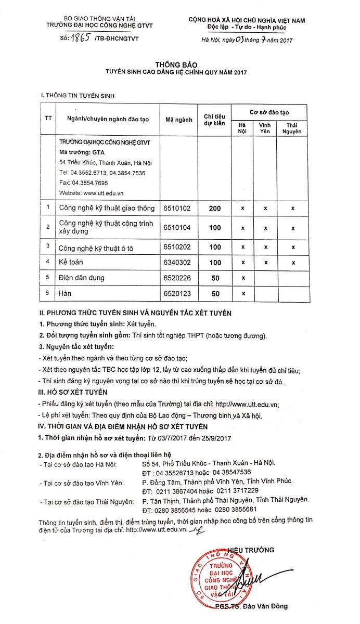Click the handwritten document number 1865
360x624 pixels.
[80, 37]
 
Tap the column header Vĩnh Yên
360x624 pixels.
[265, 128]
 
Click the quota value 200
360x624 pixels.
[215, 208]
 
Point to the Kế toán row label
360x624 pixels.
[71, 262]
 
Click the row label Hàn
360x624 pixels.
[65, 294]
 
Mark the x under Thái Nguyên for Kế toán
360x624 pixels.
[292, 262]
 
